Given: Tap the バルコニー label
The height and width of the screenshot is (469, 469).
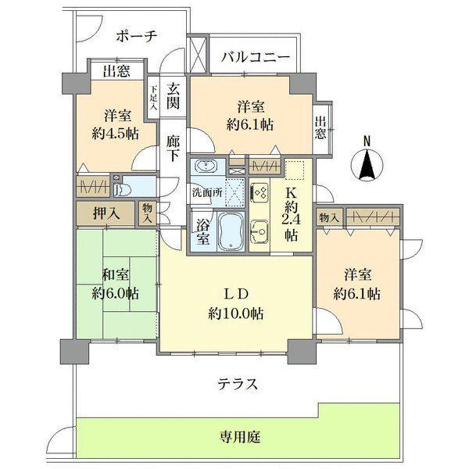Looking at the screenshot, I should (255, 56).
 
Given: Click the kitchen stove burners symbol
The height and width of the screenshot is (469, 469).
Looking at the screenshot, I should (260, 192).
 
